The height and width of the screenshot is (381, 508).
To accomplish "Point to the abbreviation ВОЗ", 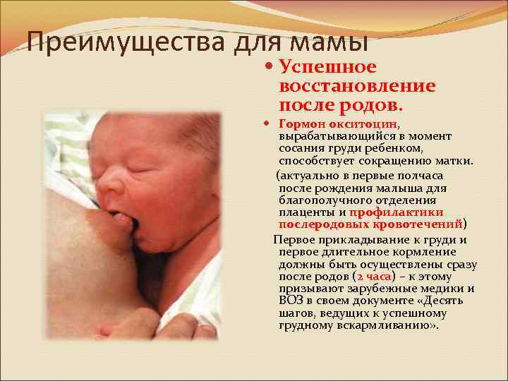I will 290,301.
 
